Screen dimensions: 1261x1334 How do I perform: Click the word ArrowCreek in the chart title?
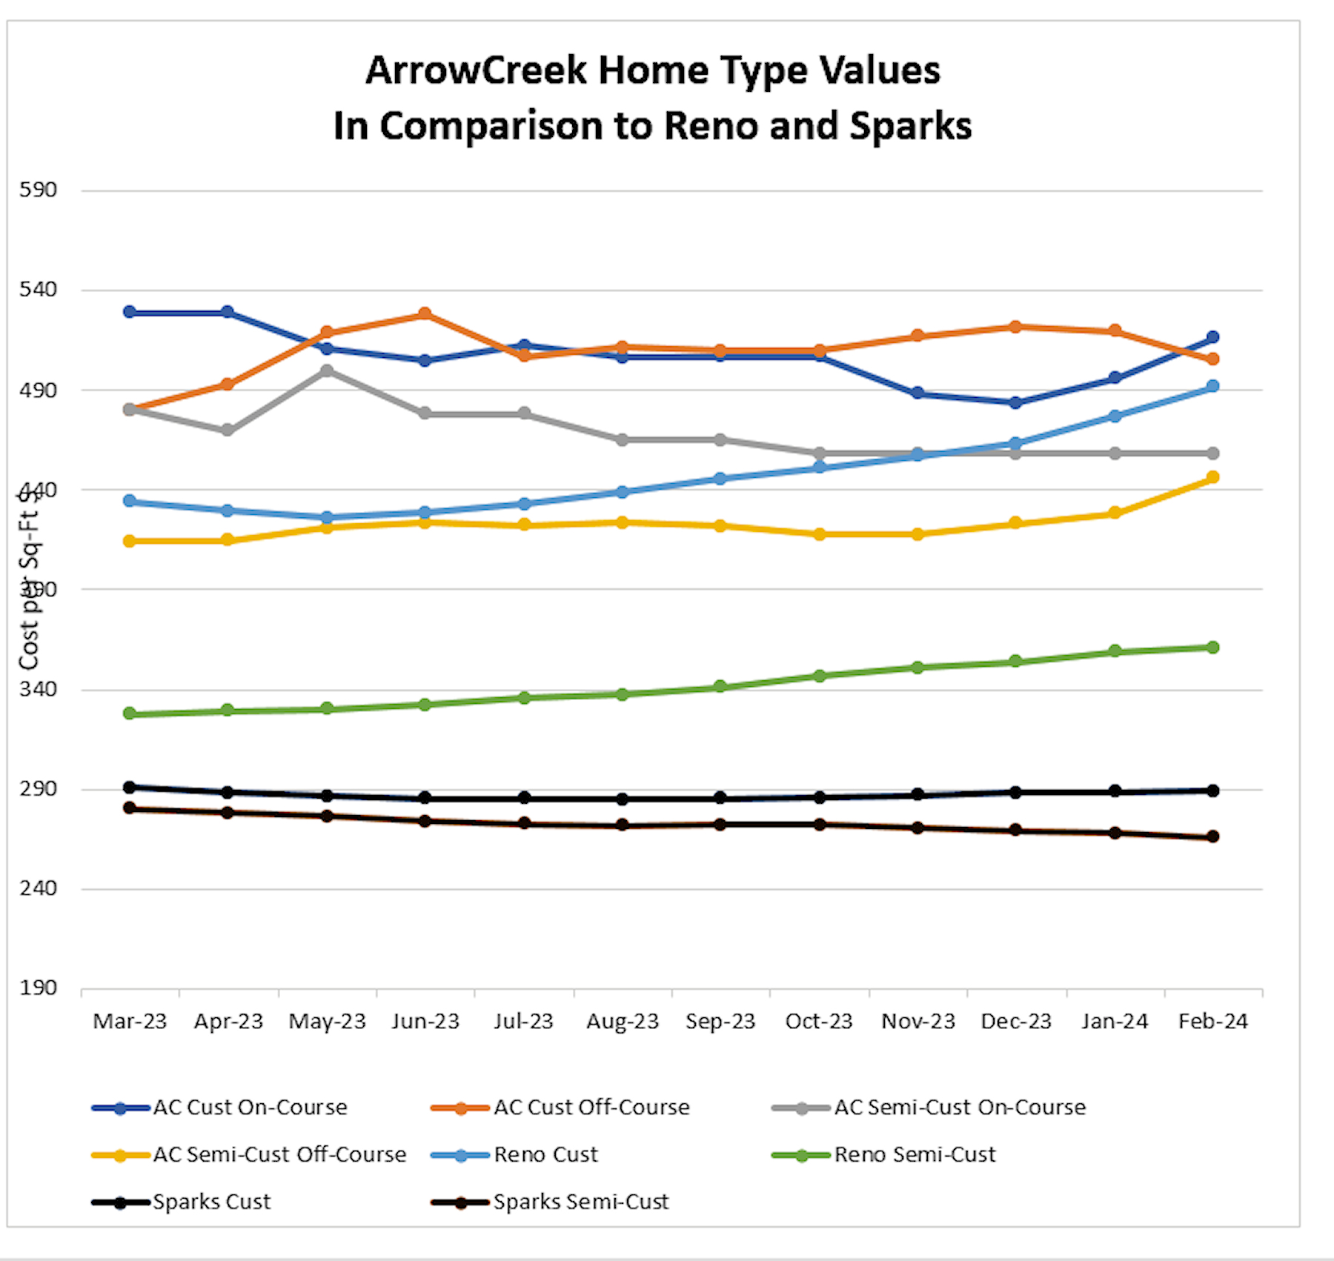475,71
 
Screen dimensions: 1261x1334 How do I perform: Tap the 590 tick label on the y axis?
38,190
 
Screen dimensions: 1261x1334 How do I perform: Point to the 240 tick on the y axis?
38,888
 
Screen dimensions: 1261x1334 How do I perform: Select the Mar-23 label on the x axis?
130,1021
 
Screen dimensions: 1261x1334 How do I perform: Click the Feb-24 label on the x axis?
1212,1021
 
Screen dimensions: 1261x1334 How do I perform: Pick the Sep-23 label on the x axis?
720,1021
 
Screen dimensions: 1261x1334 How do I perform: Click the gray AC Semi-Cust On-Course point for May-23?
327,370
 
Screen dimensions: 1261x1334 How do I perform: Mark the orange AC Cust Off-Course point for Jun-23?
425,314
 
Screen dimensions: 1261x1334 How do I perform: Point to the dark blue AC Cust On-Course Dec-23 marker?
1015,402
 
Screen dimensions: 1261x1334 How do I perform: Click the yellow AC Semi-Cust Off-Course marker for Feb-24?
1212,477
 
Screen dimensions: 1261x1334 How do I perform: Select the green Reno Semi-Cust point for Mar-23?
130,713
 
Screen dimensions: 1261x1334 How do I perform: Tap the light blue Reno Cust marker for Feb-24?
1212,386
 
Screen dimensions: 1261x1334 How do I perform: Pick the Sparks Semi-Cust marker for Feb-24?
1212,836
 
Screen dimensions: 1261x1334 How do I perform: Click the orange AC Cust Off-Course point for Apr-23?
228,384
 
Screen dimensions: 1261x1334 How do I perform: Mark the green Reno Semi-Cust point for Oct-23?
819,676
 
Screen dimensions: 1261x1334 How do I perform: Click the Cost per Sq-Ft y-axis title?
29,582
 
